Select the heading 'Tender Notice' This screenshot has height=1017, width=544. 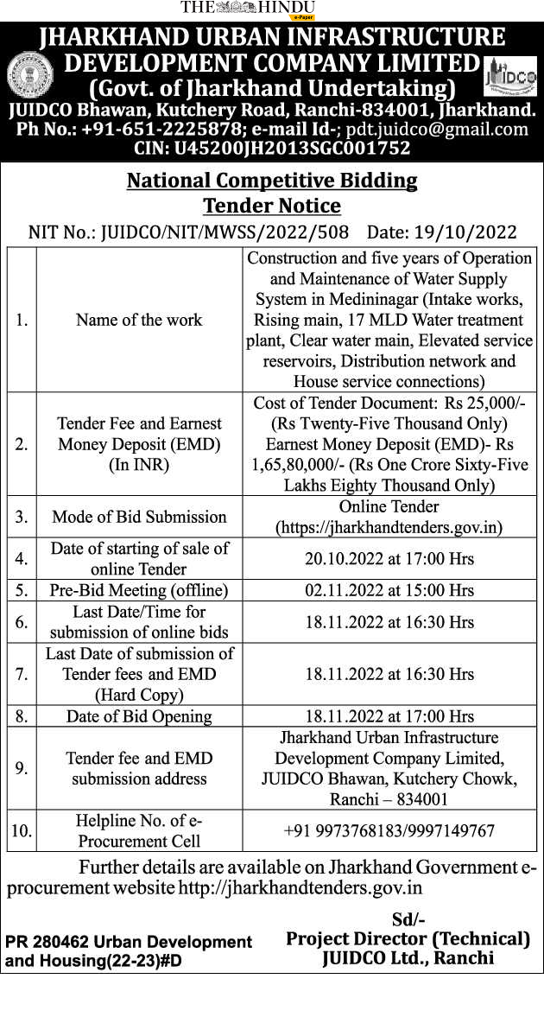[x=272, y=207]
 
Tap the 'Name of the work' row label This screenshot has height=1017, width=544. [x=139, y=320]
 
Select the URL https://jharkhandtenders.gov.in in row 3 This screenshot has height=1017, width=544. [x=389, y=527]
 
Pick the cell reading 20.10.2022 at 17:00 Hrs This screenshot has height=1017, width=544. [x=389, y=559]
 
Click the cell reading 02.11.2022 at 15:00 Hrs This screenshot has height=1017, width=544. [x=389, y=591]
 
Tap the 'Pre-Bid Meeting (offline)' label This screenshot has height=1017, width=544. [x=139, y=591]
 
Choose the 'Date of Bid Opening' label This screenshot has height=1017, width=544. [x=139, y=716]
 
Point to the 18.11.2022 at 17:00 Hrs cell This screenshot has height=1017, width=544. [x=389, y=716]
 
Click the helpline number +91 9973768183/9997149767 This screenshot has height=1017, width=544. [x=389, y=831]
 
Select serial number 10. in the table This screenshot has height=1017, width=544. [x=22, y=831]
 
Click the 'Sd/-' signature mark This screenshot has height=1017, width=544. [x=408, y=919]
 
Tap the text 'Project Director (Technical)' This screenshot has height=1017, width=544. [x=408, y=938]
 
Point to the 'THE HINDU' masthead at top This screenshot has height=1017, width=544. [x=248, y=8]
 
